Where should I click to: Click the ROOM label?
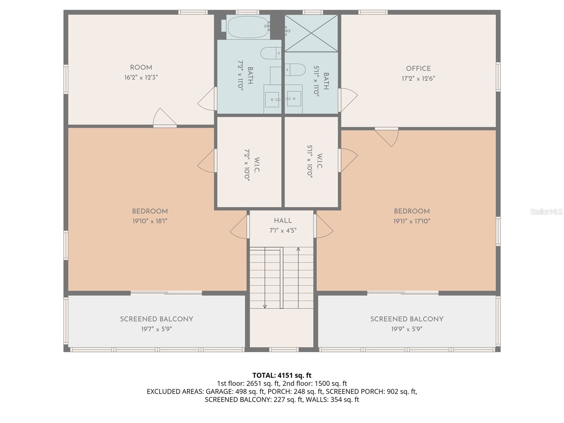(141, 67)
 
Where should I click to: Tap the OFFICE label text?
(418, 68)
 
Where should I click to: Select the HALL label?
(283, 221)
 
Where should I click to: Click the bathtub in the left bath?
(248, 27)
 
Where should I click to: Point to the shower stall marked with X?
(311, 33)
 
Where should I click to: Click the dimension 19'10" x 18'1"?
(149, 221)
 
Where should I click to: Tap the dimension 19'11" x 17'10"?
(412, 221)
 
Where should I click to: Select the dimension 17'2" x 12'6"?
(418, 78)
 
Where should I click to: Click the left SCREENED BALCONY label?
(157, 319)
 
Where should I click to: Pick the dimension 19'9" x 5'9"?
(406, 329)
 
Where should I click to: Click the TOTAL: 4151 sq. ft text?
(282, 375)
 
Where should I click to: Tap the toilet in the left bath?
(270, 54)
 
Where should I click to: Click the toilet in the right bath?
(295, 69)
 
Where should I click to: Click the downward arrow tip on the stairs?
(265, 307)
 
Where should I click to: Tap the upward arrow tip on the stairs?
(298, 249)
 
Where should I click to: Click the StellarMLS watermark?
(546, 211)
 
